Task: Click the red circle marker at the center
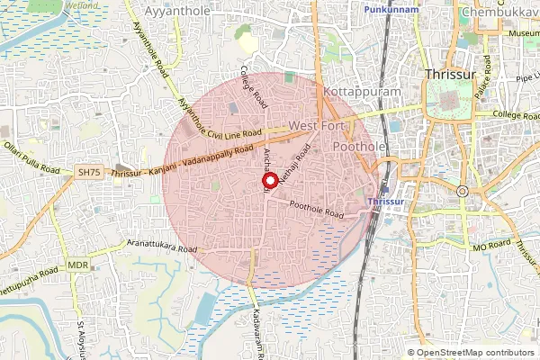[269, 179]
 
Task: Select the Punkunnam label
[392, 8]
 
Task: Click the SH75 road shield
[88, 171]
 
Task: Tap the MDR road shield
[77, 266]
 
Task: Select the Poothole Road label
[317, 210]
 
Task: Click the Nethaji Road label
[294, 166]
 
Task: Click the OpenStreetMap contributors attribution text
[476, 353]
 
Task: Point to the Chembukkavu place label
[499, 13]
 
